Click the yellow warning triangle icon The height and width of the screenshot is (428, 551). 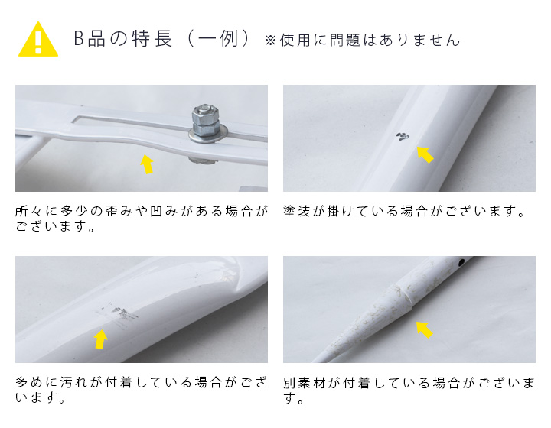pyautogui.click(x=37, y=40)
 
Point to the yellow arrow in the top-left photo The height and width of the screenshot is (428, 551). pyautogui.click(x=147, y=164)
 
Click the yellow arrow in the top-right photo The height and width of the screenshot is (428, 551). pyautogui.click(x=424, y=154)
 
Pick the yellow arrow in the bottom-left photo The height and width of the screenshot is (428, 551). pyautogui.click(x=100, y=339)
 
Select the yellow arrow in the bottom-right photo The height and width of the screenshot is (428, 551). pyautogui.click(x=423, y=329)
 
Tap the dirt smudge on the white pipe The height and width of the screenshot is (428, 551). pyautogui.click(x=122, y=313)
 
